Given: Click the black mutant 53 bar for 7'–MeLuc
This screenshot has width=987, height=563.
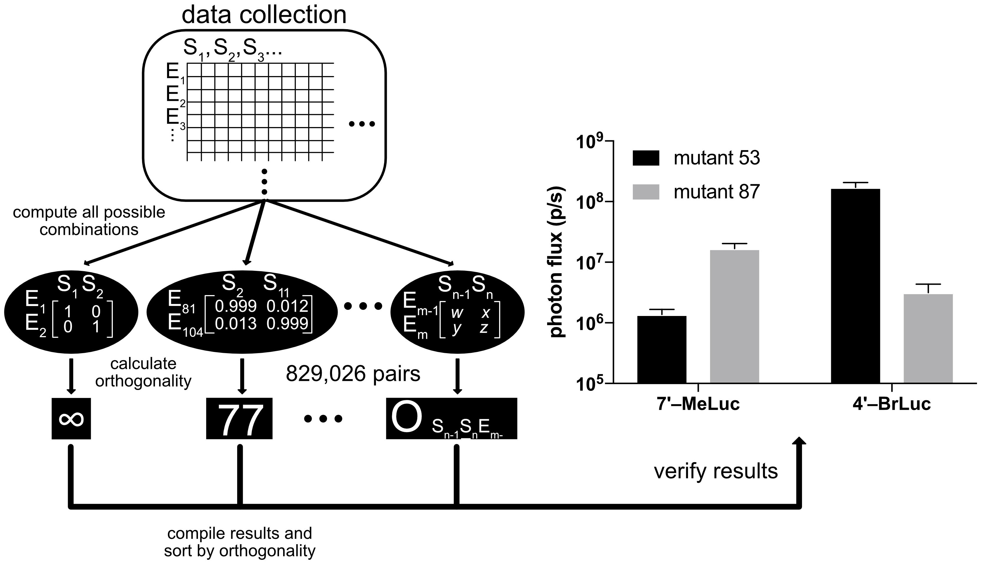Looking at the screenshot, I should tap(662, 350).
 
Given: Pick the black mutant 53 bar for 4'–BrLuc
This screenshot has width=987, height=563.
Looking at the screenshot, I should tap(855, 286).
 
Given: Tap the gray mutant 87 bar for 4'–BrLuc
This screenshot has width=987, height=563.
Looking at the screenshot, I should tap(928, 338).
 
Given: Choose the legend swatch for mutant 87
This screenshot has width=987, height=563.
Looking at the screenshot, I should tap(646, 192).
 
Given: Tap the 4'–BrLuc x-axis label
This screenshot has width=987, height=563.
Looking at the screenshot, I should tap(892, 404).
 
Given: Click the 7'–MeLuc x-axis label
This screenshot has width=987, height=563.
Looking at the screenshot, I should tap(698, 404).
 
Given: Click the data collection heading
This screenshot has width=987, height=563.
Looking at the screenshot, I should tap(264, 15).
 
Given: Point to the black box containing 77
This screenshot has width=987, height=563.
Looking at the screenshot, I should tap(239, 418).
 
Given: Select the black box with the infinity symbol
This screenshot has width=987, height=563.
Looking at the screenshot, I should tap(71, 418).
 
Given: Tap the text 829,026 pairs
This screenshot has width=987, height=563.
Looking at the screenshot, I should tap(353, 374).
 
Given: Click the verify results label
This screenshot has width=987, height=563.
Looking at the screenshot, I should tap(716, 471).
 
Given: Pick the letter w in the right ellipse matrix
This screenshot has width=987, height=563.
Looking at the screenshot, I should tap(457, 312).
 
